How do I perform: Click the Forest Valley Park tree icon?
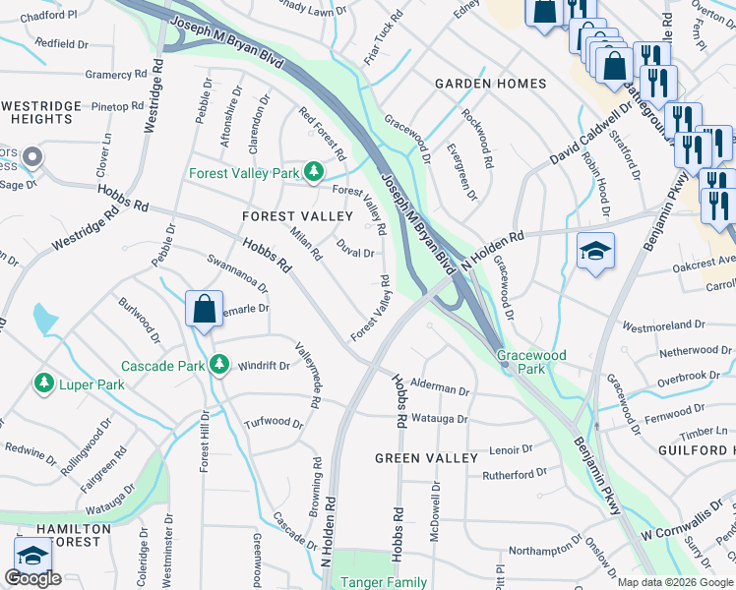point(313,174)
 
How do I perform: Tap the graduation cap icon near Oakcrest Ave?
point(595,252)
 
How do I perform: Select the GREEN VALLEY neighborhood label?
point(425,458)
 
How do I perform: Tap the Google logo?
point(32,578)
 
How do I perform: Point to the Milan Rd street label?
point(306,243)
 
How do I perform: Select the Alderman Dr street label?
point(440,389)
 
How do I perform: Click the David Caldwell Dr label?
point(590,131)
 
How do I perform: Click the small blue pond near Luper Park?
point(44,319)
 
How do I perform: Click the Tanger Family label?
point(384,582)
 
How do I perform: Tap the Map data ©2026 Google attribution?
point(674,582)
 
